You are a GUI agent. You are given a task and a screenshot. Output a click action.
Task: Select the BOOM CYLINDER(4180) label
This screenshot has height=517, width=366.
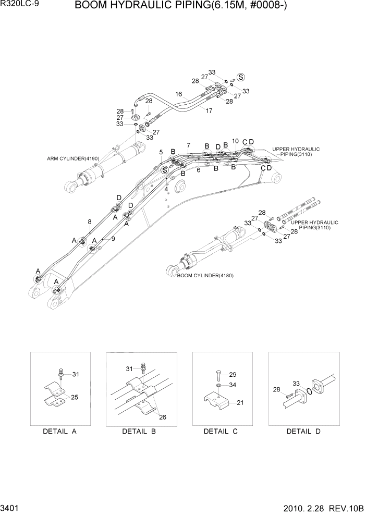[205, 275]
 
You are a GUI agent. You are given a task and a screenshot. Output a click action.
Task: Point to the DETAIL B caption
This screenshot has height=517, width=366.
[139, 431]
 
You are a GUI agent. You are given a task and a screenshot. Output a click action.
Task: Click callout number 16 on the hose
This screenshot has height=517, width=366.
[179, 95]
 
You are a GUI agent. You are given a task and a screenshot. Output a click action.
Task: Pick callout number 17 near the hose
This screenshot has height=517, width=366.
[209, 110]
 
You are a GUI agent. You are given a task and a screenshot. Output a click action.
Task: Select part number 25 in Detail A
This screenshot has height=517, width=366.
[75, 398]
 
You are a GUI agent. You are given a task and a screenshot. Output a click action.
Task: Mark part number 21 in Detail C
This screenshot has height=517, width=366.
[241, 403]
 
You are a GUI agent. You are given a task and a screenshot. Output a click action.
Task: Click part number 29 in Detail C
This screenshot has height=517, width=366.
[233, 375]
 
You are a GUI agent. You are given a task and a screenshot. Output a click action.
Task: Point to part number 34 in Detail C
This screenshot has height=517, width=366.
[233, 385]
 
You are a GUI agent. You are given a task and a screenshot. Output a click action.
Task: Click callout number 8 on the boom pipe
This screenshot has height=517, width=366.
[89, 221]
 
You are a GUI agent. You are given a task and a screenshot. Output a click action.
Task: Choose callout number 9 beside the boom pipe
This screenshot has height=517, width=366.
[113, 239]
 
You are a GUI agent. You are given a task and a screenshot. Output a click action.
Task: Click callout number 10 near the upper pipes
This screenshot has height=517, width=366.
[235, 141]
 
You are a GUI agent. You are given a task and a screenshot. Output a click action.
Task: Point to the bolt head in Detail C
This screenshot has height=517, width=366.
[217, 373]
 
